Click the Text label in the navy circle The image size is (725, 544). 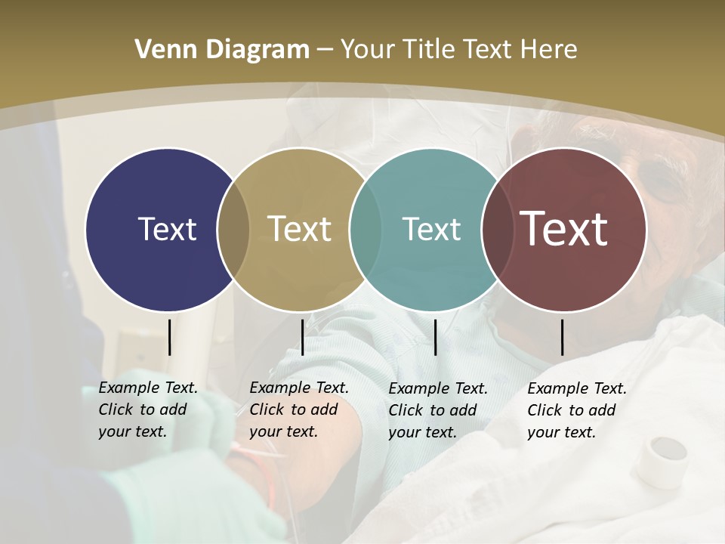(167, 229)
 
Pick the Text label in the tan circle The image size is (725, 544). (300, 229)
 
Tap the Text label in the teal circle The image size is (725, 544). (431, 229)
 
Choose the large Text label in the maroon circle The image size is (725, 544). (564, 228)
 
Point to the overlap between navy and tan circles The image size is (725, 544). (233, 229)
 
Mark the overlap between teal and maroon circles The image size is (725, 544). (495, 229)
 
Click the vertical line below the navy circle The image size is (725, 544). (169, 337)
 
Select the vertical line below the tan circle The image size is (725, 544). (302, 337)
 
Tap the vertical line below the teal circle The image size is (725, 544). (436, 337)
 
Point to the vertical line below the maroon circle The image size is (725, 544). (563, 337)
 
